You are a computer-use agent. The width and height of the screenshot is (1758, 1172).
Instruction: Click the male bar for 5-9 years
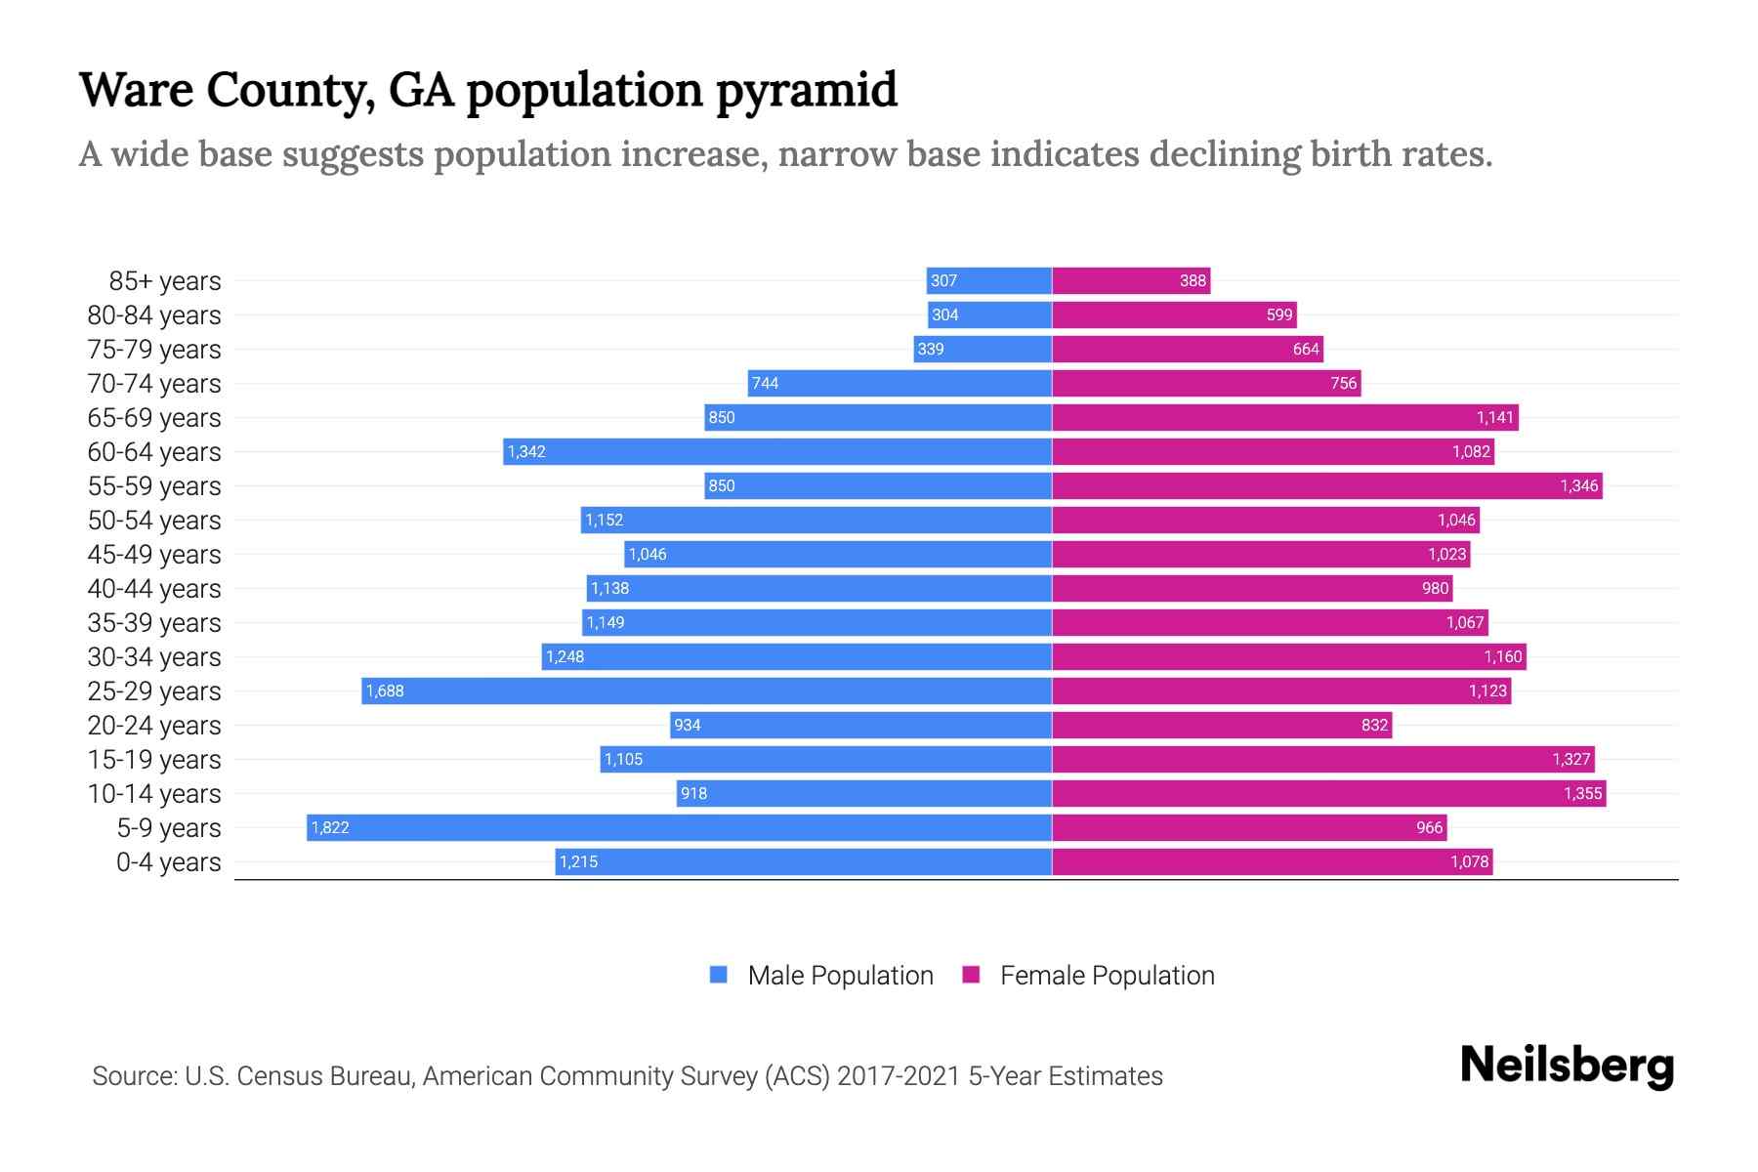click(679, 827)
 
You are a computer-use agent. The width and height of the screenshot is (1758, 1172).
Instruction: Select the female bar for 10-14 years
click(1328, 793)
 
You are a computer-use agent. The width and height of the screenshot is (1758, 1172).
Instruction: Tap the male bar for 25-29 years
click(706, 691)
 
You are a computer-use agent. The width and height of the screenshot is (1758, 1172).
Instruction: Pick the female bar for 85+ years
click(1131, 280)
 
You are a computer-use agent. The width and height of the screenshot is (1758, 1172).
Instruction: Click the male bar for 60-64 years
click(777, 451)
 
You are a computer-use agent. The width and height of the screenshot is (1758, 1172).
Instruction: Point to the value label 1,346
click(1578, 485)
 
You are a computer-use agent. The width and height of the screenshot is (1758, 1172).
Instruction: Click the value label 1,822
click(330, 827)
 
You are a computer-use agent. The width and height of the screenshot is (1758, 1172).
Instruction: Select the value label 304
click(944, 314)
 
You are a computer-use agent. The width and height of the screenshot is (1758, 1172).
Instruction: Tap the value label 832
click(1374, 725)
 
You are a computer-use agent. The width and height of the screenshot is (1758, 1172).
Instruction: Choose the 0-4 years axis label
click(168, 862)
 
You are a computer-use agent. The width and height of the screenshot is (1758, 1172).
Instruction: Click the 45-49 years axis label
click(154, 555)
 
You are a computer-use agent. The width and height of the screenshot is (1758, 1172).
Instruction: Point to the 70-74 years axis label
click(154, 384)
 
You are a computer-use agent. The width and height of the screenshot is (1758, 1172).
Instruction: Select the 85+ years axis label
click(164, 281)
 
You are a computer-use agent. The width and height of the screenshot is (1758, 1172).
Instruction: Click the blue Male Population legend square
click(719, 975)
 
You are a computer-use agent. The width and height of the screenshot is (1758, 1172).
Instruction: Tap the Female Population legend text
click(1107, 975)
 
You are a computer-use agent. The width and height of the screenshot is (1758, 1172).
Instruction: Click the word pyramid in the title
click(806, 90)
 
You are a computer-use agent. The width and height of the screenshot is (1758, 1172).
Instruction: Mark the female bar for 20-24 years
click(1221, 725)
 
